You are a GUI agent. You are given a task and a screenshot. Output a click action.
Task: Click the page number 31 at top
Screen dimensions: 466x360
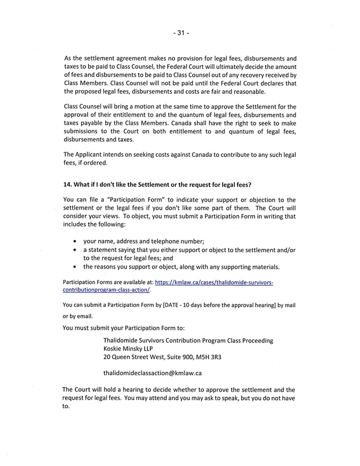click(x=180, y=33)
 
